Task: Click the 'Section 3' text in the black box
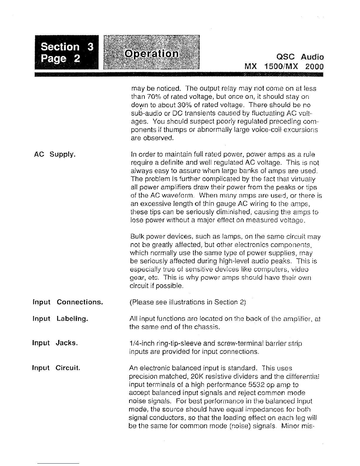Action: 67,47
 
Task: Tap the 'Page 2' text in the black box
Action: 60,59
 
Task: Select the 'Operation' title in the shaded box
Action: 151,54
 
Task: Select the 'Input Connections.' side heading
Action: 68,302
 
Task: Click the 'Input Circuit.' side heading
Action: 56,368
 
